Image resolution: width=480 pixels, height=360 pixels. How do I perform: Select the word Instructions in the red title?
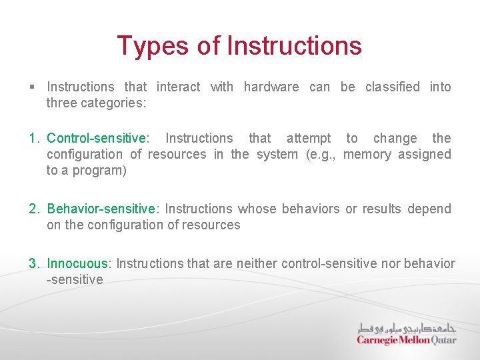point(294,46)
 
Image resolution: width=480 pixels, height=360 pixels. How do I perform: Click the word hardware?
point(271,87)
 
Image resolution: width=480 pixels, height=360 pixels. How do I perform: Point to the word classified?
point(392,87)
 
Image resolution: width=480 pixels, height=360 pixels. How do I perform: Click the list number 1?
point(33,139)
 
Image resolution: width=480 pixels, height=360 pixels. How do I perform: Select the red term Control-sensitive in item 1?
point(96,139)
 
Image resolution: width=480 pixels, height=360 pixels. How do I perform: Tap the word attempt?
point(308,139)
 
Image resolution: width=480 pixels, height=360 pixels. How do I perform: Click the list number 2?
point(34,209)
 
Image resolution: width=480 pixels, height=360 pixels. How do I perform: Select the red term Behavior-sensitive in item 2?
point(101,209)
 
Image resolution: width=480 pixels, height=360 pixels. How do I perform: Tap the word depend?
point(429,209)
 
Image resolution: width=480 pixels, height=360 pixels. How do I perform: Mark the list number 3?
point(34,264)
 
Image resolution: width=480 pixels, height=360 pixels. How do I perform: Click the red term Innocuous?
point(77,264)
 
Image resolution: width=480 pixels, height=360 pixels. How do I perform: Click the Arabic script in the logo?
point(407,328)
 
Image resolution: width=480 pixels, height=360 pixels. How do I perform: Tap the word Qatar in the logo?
point(443,340)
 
